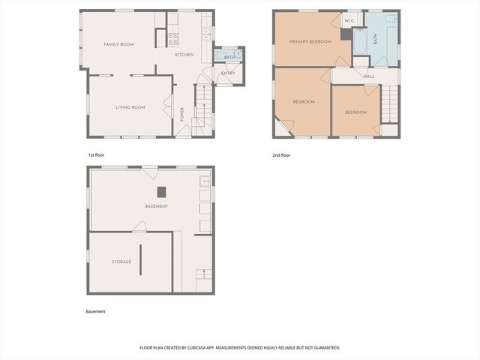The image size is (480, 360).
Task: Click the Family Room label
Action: coord(118,45)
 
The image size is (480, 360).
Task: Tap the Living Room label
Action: coord(130,107)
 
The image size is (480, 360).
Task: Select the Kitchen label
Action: coord(184,55)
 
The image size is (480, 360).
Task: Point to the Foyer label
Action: coord(181,115)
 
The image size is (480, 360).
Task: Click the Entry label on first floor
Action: coord(228,73)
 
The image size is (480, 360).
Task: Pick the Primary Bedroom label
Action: coord(310,42)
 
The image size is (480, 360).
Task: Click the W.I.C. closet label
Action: coord(349,21)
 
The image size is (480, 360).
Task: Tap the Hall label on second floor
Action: coord(369,76)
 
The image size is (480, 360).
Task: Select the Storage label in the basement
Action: coord(121,262)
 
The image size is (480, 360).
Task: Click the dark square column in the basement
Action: coord(160,191)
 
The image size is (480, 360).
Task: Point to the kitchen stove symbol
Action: coord(172,37)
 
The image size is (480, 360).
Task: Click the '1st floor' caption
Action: coord(96,155)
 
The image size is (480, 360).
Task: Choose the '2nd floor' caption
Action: coord(281,155)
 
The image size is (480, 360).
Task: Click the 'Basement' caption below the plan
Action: coord(96,311)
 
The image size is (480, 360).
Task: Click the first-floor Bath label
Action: coord(228,57)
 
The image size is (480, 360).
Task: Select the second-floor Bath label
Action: coord(375,39)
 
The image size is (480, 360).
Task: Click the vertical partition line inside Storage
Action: coord(139,259)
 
